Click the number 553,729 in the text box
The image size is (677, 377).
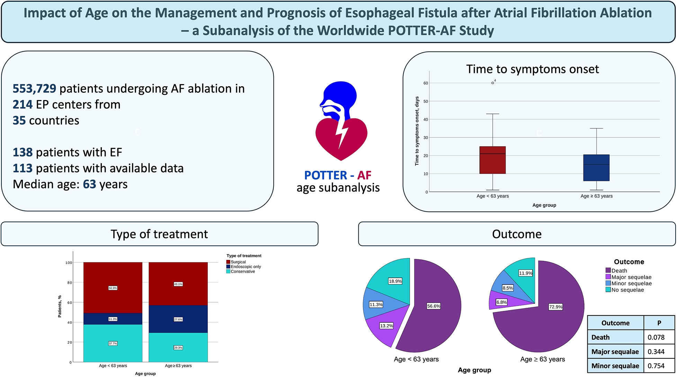point(34,89)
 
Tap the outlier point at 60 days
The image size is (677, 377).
point(492,83)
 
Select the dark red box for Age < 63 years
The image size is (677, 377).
point(492,160)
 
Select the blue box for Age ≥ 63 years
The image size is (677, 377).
point(596,168)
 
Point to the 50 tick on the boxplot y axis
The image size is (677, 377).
point(426,101)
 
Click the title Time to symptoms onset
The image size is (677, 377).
point(532,69)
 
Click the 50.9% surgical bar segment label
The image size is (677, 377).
point(113,288)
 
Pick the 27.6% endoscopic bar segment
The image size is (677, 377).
point(178,319)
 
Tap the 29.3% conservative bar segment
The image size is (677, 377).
point(178,348)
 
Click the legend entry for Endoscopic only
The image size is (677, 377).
point(246,267)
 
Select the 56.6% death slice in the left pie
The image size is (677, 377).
point(434,306)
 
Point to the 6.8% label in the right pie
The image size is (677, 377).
point(501,302)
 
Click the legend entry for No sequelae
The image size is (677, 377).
point(627,290)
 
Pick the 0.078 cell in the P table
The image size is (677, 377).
point(656,337)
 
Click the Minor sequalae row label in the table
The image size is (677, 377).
point(615,366)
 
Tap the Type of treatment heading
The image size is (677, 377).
point(159,234)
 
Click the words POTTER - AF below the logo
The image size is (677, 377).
point(338,176)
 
